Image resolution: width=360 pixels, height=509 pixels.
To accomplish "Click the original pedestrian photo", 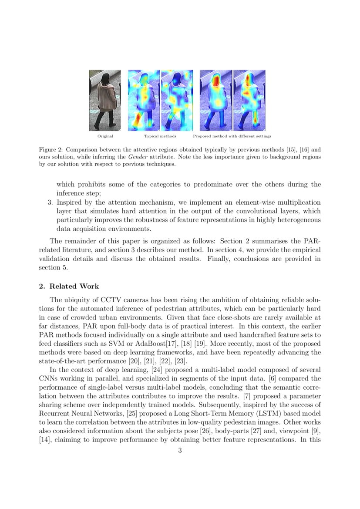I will pos(105,101).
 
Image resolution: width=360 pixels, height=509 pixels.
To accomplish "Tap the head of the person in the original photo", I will pos(105,78).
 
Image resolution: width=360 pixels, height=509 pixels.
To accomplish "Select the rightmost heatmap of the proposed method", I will pos(249,101).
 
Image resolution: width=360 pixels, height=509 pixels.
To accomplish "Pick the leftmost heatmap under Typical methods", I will pos(144,101).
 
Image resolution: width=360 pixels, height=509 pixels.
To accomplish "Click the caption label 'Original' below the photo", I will pos(105,136).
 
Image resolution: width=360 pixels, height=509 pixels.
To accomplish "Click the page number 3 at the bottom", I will pos(180,451).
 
